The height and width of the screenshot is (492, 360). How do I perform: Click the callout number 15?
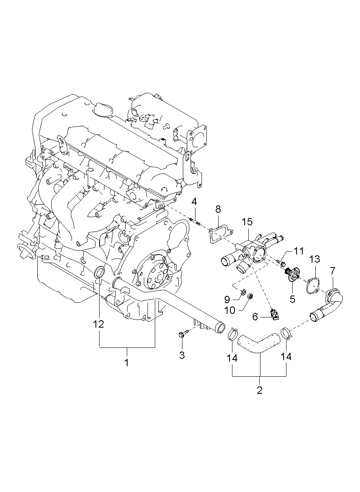(x=247, y=222)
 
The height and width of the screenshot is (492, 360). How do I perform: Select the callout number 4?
(x=194, y=202)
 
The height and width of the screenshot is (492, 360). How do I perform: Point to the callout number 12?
(x=98, y=324)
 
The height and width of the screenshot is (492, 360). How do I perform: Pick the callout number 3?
(x=182, y=355)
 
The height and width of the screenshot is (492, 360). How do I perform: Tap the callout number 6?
(x=255, y=317)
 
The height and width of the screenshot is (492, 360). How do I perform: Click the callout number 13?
(x=314, y=259)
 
